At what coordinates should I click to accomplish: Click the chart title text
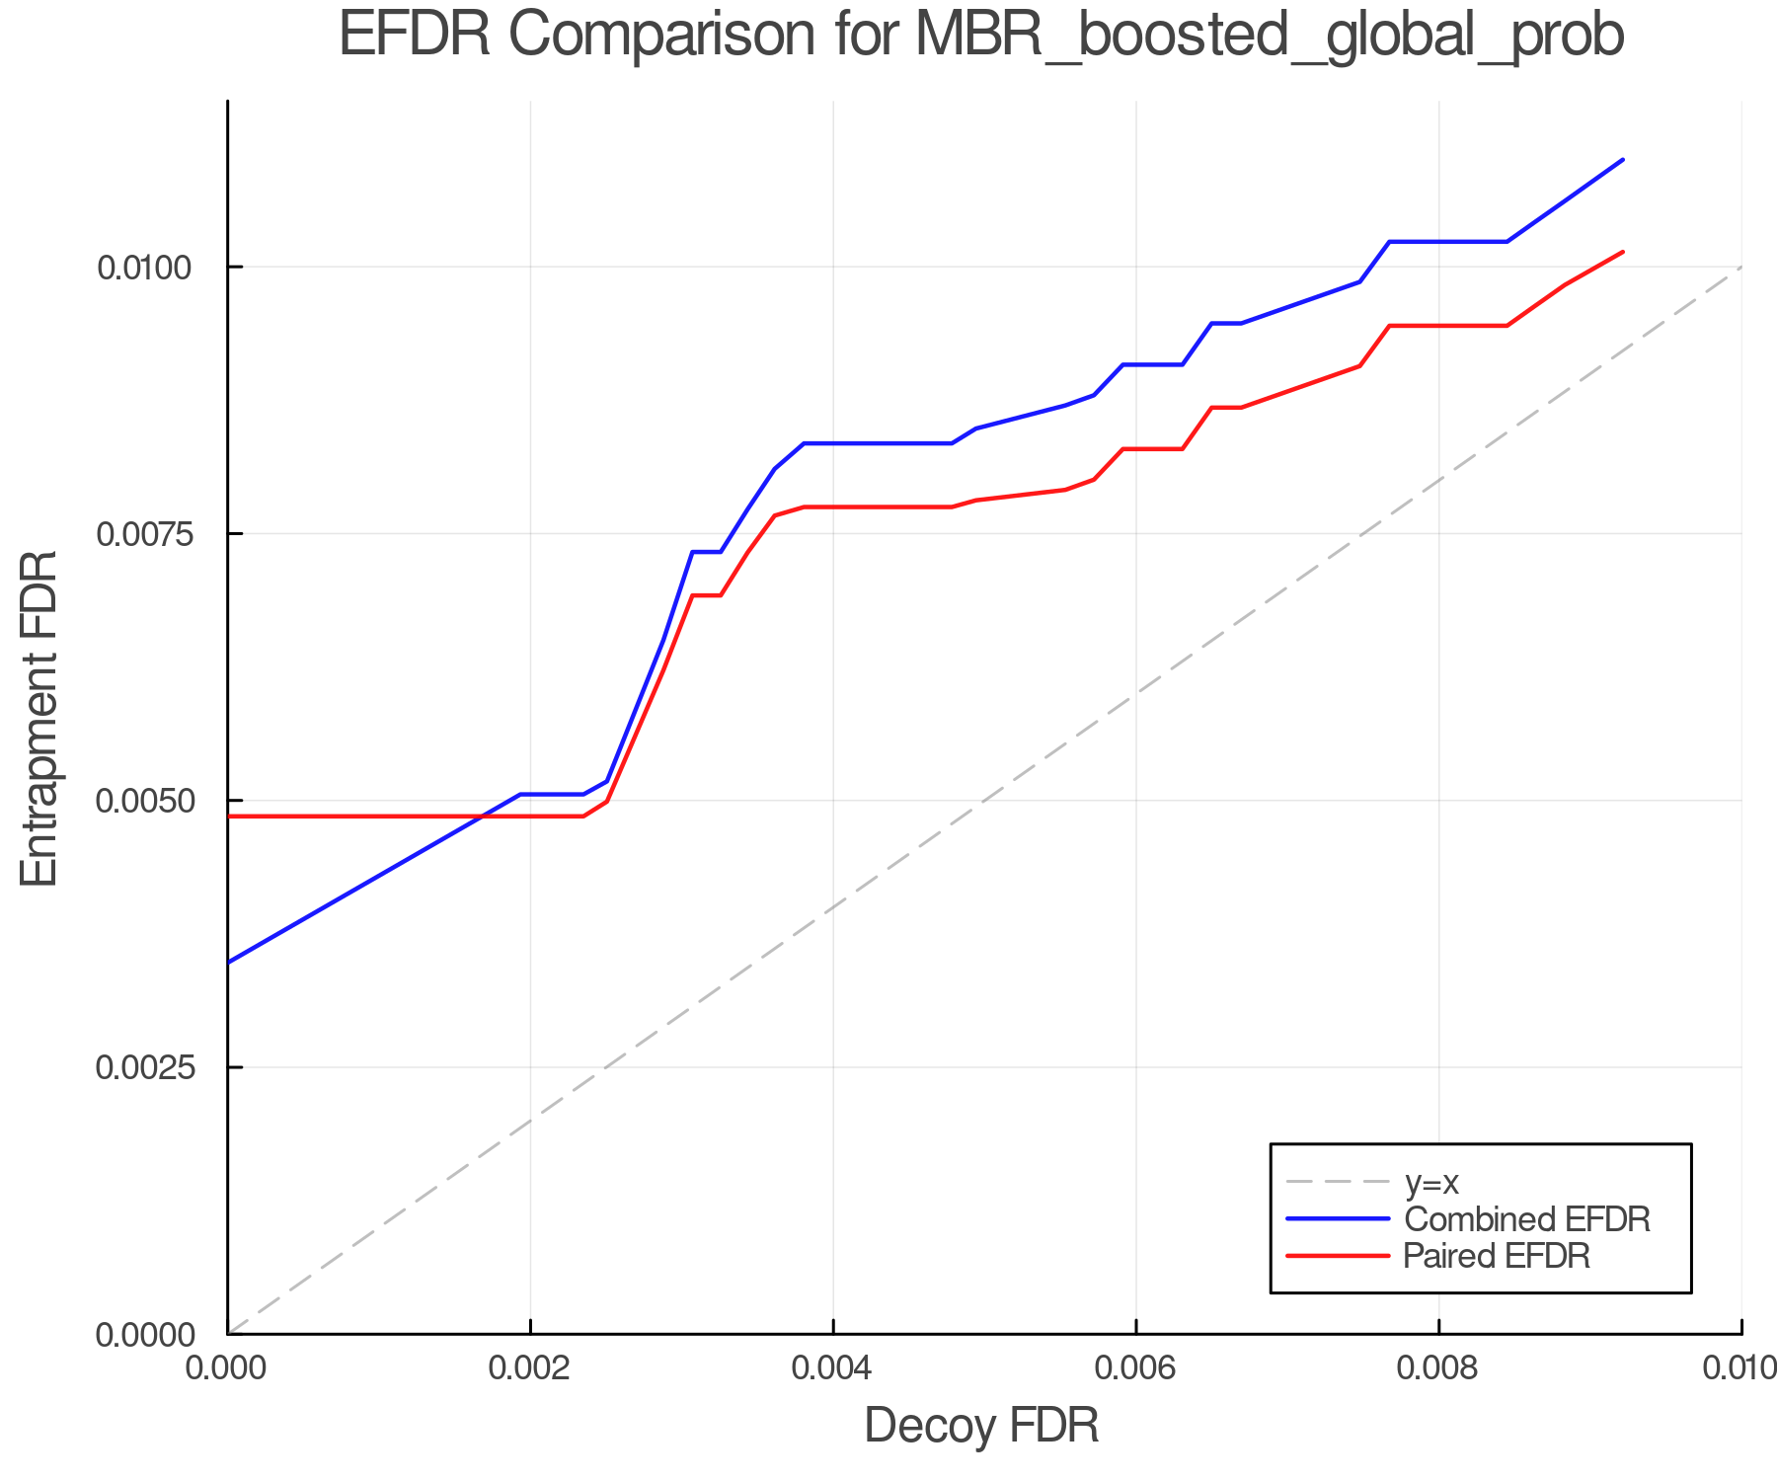coord(981,37)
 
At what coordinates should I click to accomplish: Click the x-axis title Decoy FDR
coord(981,1426)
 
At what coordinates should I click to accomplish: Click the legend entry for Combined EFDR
coord(1526,1219)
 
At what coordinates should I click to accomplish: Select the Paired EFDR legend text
coord(1497,1256)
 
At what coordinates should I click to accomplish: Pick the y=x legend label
coord(1431,1182)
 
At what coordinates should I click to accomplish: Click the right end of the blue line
coord(1623,159)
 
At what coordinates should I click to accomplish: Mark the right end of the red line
coord(1623,252)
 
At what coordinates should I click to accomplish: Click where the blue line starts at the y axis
coord(229,962)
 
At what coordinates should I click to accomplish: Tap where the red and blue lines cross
coord(481,817)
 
